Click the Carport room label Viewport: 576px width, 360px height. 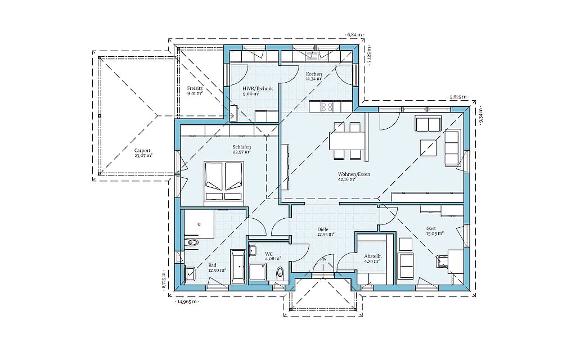click(x=142, y=150)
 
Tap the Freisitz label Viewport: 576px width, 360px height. click(x=195, y=88)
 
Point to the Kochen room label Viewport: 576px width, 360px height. click(x=314, y=74)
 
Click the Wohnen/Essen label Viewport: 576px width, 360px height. click(x=354, y=174)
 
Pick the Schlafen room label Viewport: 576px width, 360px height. click(x=242, y=147)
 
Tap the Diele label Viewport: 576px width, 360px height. click(x=323, y=229)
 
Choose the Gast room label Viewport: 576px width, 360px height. click(x=431, y=228)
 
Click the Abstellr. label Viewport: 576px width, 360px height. click(x=373, y=256)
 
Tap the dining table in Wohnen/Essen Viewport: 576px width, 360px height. click(x=347, y=141)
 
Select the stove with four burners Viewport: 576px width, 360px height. click(x=327, y=106)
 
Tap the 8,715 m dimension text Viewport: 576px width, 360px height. click(x=164, y=281)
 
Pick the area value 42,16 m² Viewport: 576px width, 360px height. click(x=346, y=179)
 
